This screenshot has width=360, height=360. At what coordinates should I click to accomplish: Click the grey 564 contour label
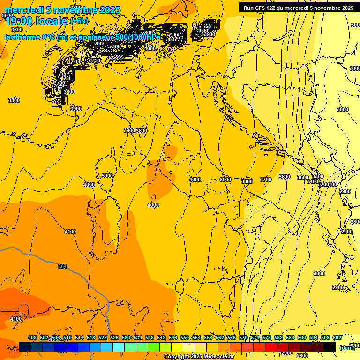coord(62,266)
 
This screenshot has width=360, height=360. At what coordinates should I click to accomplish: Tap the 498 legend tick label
coord(32,337)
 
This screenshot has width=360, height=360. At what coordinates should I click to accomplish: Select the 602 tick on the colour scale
coord(337,337)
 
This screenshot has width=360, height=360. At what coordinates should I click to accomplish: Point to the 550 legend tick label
coord(185,337)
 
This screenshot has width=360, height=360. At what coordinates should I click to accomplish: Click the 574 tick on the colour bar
coord(255,337)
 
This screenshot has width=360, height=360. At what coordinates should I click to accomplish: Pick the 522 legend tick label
coord(103,337)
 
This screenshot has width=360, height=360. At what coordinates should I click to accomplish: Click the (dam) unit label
coord(347,347)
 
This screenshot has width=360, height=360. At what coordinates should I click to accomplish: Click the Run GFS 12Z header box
coord(299,8)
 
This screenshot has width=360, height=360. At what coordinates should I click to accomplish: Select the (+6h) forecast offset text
coord(79,21)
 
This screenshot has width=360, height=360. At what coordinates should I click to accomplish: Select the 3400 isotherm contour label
coord(313,181)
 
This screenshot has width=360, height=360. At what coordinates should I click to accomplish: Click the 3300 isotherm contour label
coord(317,176)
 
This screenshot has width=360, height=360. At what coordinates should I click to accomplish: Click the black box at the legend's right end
coord(330,347)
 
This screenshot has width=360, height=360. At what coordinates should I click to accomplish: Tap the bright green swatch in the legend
coord(154,347)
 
